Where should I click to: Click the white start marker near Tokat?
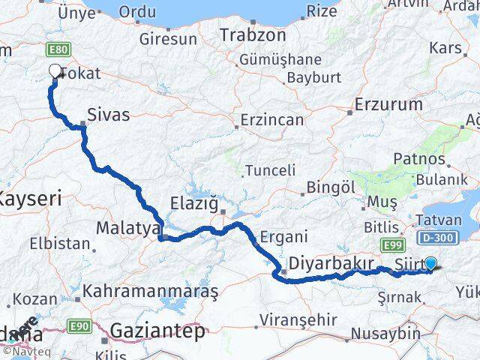[x=55, y=71]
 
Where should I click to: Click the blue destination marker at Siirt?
[x=430, y=263]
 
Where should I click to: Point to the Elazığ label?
[x=195, y=203]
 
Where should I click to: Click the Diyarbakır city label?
[x=331, y=264]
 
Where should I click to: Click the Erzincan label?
[x=271, y=120]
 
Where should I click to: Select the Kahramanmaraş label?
[x=150, y=289]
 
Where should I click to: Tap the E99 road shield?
[x=391, y=244]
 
